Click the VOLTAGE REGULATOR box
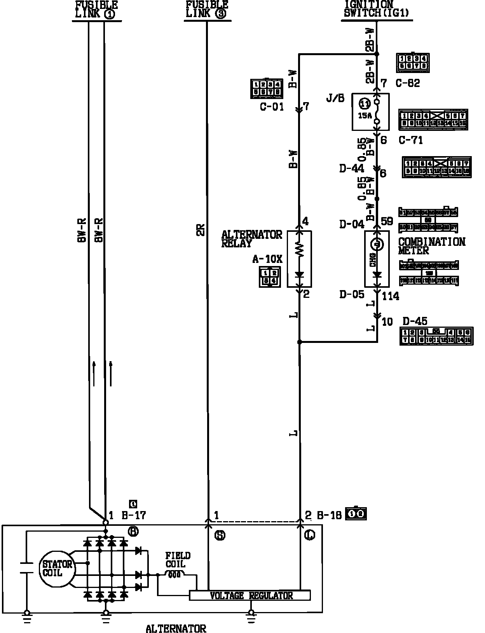[x=250, y=595]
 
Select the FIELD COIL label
[x=178, y=560]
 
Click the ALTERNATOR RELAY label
[x=251, y=239]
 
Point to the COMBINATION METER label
[x=431, y=246]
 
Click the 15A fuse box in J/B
[x=370, y=112]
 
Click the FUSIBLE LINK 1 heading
[x=96, y=10]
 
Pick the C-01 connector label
[x=272, y=106]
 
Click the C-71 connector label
[x=411, y=140]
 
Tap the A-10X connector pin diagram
[x=269, y=277]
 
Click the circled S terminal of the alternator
[x=220, y=536]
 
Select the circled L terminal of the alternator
[x=310, y=536]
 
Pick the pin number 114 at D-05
[x=390, y=296]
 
